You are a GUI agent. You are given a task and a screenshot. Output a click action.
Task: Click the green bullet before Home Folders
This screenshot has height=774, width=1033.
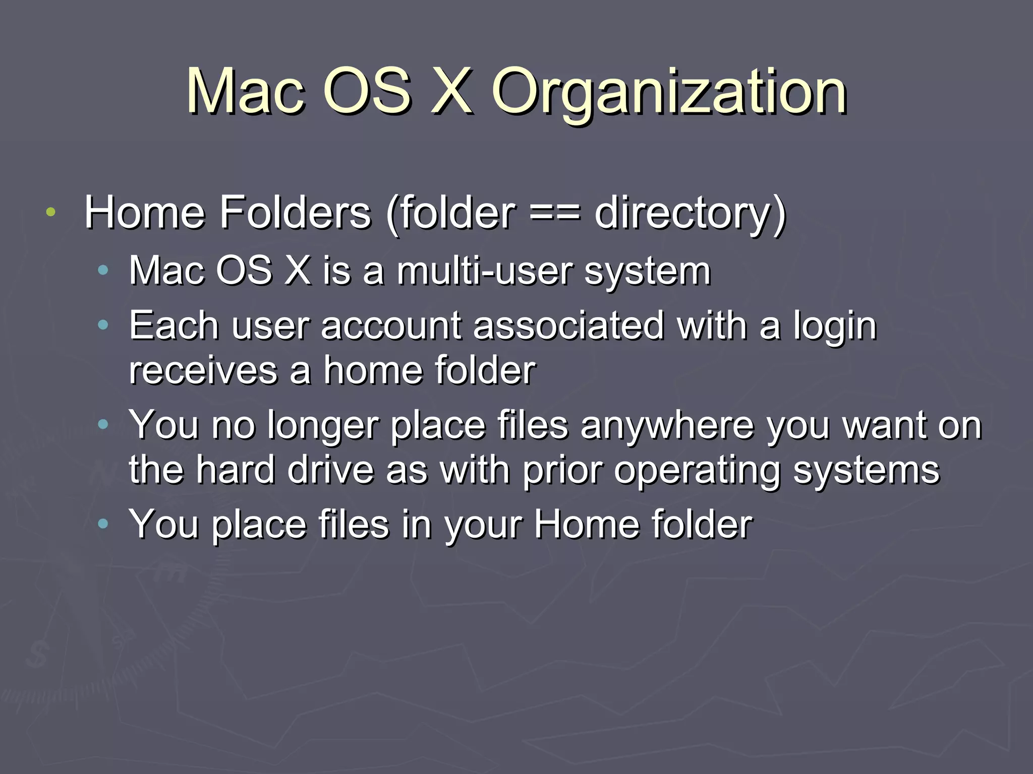coord(50,212)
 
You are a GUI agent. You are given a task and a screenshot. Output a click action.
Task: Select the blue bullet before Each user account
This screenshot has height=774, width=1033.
coord(103,325)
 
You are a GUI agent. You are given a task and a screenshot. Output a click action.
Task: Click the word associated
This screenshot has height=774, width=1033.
coord(568,326)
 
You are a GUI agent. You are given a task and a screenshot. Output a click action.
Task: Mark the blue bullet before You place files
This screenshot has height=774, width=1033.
coord(103,524)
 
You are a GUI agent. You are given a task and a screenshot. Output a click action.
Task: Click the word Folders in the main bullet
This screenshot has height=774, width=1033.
coord(295,213)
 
